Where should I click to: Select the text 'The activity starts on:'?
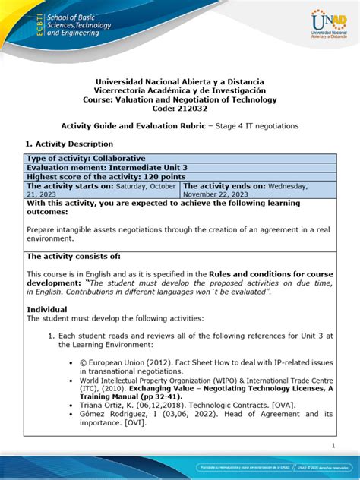[x=71, y=185]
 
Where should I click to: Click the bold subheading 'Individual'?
[x=47, y=310]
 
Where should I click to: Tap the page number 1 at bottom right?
[x=333, y=446]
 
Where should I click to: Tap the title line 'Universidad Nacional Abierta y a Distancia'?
[x=180, y=81]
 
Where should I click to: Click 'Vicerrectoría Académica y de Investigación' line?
[x=180, y=90]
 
